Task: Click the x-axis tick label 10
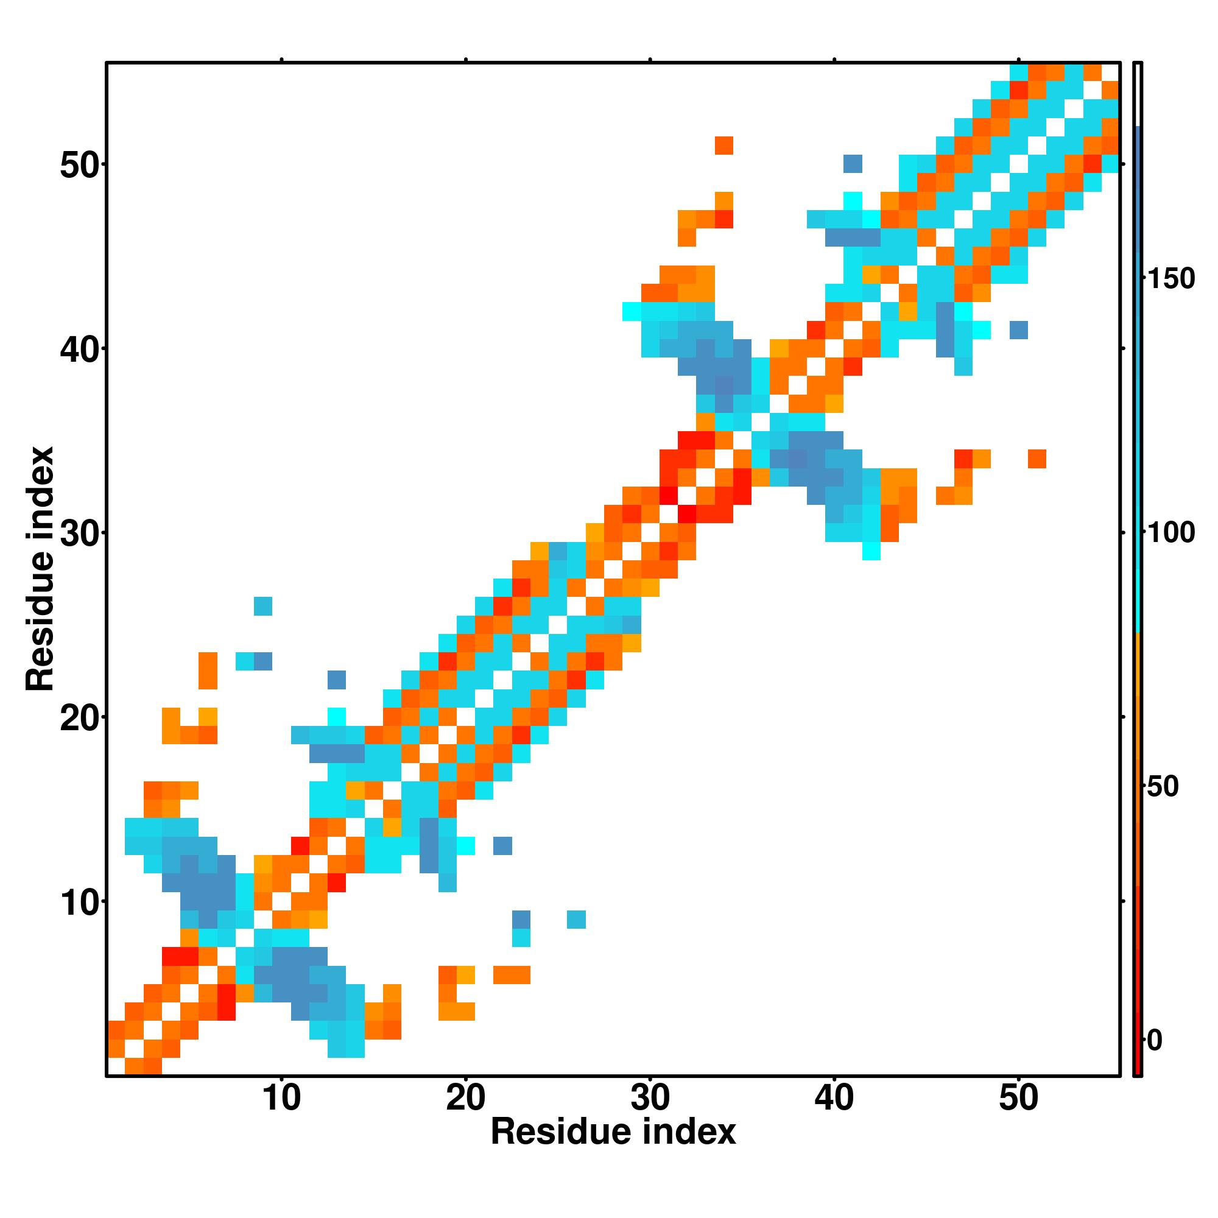(x=281, y=1098)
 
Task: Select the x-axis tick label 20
(x=465, y=1098)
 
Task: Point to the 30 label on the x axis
(x=650, y=1098)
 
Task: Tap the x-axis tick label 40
(x=834, y=1098)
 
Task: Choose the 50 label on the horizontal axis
(x=1018, y=1098)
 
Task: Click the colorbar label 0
(x=1154, y=1041)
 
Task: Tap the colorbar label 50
(x=1163, y=787)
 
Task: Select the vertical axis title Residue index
(x=40, y=569)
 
